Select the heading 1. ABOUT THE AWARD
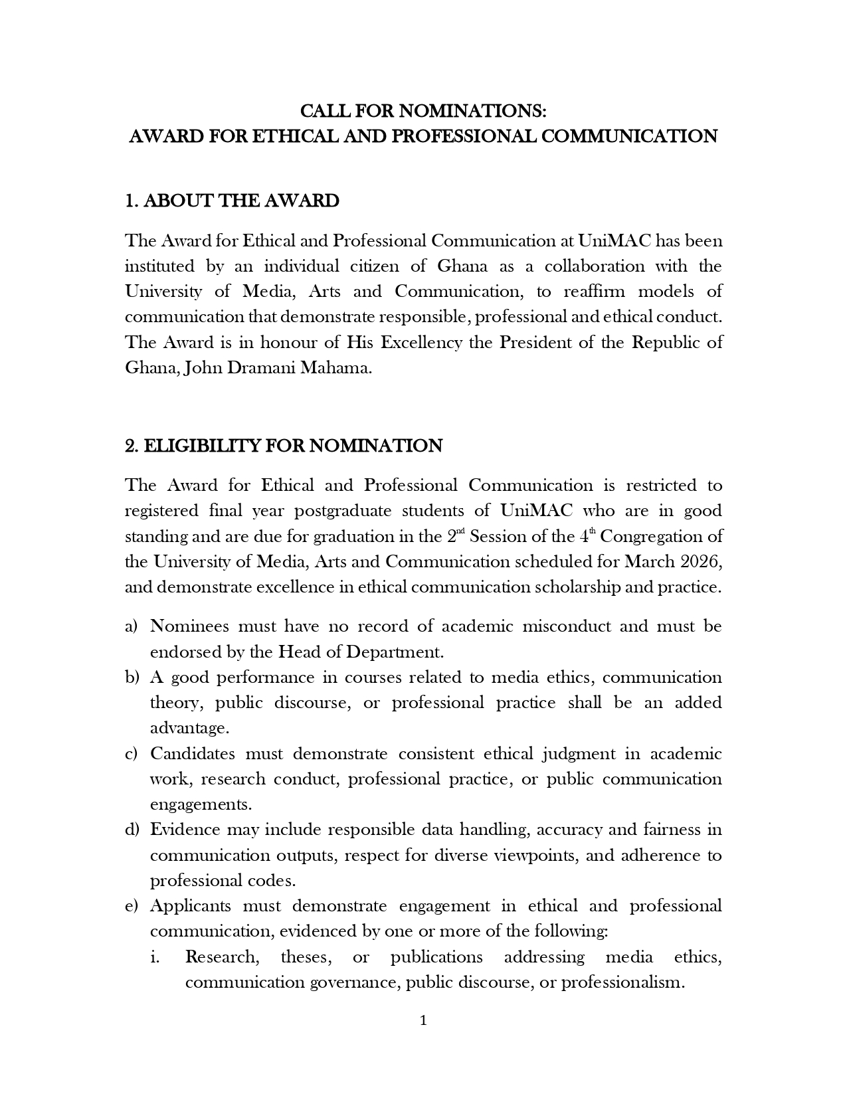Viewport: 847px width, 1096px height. pyautogui.click(x=232, y=201)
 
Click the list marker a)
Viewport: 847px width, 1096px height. pyautogui.click(x=131, y=626)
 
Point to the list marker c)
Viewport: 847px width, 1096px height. pyautogui.click(x=131, y=754)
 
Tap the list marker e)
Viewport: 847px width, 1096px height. pyautogui.click(x=131, y=906)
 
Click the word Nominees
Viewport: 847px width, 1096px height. pyautogui.click(x=189, y=626)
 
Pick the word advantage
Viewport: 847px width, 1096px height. pyautogui.click(x=189, y=728)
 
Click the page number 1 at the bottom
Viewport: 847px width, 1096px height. pyautogui.click(x=423, y=1021)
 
